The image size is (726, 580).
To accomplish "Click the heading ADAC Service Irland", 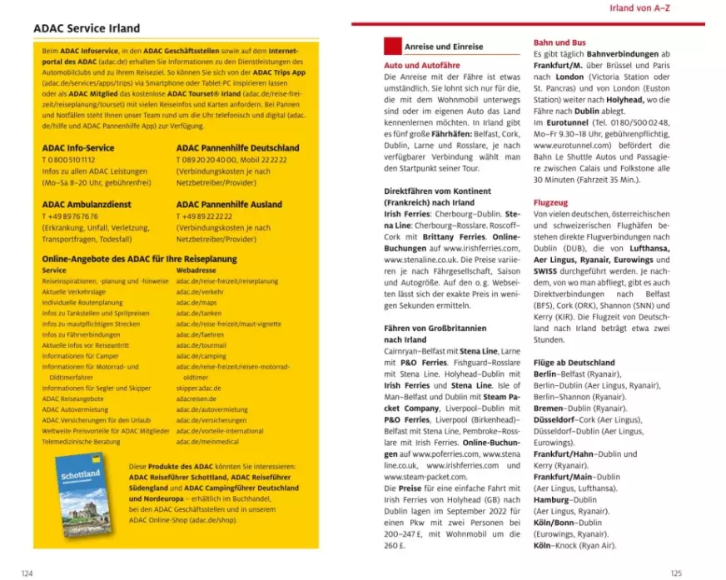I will click(x=87, y=28).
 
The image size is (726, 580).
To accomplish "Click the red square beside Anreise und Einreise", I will click(x=391, y=47).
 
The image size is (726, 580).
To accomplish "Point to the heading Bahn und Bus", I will click(x=559, y=42).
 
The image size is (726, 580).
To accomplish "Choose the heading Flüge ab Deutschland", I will click(x=574, y=363).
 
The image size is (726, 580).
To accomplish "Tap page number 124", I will click(x=27, y=573).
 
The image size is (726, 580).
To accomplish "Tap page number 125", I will click(x=675, y=573).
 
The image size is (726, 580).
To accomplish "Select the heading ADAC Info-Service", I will click(x=78, y=148).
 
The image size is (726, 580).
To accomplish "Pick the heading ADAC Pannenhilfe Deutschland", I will click(x=237, y=148).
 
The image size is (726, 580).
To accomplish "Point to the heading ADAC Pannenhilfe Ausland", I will click(x=229, y=204).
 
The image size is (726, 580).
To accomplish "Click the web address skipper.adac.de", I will click(x=199, y=388).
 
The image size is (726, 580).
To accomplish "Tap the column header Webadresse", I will click(x=196, y=270).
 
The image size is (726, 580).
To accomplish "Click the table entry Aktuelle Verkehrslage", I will click(x=75, y=291).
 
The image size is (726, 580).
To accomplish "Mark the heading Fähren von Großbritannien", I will click(x=435, y=328).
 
